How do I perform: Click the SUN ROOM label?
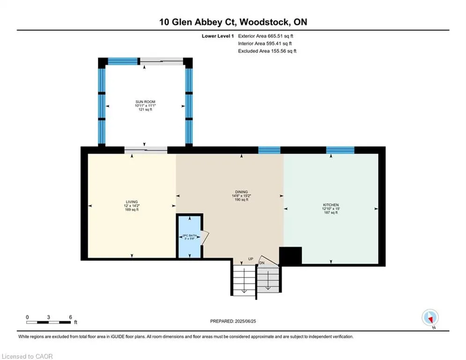click(x=145, y=102)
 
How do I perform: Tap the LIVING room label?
click(x=132, y=202)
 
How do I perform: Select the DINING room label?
click(x=241, y=192)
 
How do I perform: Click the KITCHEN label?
click(x=331, y=205)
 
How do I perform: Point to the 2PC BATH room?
click(x=190, y=236)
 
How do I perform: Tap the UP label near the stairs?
click(x=251, y=259)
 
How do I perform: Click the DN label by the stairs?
click(x=262, y=263)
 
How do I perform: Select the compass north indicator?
click(x=430, y=318)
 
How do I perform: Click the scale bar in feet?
click(x=48, y=322)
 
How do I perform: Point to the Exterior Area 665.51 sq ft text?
click(x=266, y=36)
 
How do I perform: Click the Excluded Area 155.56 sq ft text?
click(x=267, y=51)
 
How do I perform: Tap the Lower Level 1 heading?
click(x=218, y=36)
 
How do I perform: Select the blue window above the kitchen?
click(x=340, y=150)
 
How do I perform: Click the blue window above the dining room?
click(x=269, y=150)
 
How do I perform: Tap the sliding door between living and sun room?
click(x=146, y=150)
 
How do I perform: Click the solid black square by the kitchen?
click(x=290, y=255)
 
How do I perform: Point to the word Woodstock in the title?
click(x=264, y=22)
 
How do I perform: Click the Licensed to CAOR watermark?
click(x=27, y=356)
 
